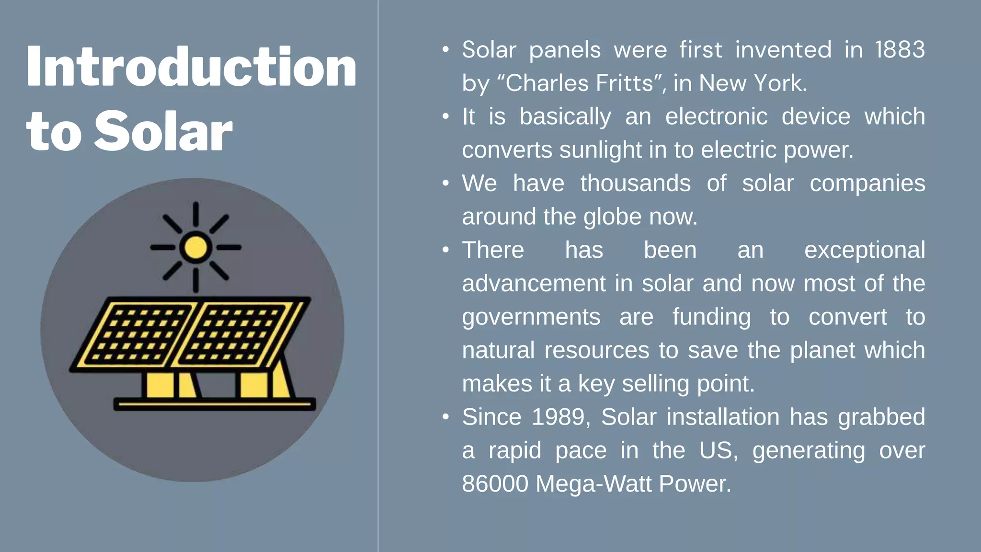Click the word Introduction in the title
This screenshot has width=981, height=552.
[192, 67]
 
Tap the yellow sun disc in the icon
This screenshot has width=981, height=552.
[195, 248]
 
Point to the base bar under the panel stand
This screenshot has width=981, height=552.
[215, 404]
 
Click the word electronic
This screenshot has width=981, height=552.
[716, 117]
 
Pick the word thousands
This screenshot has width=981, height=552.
[635, 184]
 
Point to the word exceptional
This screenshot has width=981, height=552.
[864, 250]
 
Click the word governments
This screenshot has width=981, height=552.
[531, 317]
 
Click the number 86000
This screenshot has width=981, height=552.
[495, 484]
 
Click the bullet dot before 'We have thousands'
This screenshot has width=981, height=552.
[445, 184]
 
